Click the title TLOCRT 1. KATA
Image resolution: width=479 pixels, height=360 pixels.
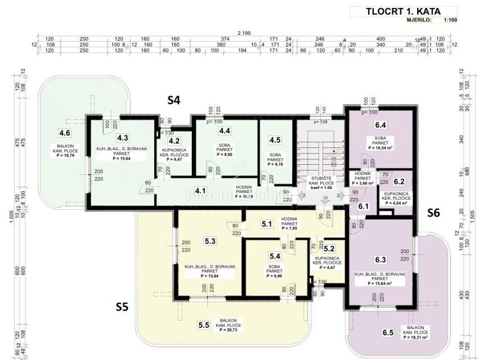click(x=403, y=11)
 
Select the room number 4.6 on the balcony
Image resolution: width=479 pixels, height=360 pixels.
click(x=65, y=133)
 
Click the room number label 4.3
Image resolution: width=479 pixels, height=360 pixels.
click(x=123, y=137)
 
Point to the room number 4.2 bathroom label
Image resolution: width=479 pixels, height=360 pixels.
click(x=174, y=141)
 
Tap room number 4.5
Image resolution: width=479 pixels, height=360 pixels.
click(x=275, y=140)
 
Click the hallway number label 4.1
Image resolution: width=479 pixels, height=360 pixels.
click(x=201, y=191)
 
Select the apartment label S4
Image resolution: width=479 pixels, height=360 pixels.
click(x=174, y=101)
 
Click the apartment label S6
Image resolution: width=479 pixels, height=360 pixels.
click(x=432, y=213)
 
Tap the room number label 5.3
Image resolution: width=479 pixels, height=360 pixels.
click(x=211, y=241)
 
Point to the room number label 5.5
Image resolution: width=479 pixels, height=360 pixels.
click(x=203, y=325)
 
